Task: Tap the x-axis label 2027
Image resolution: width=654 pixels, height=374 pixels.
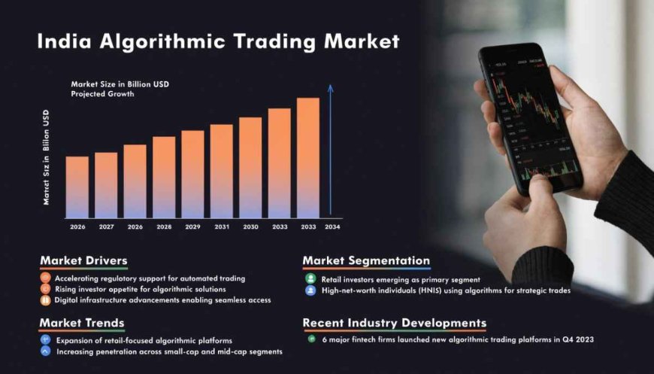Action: (x=106, y=227)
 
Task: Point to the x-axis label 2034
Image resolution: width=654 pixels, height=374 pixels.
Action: (x=332, y=227)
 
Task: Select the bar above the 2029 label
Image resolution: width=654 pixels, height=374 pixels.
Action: (x=192, y=174)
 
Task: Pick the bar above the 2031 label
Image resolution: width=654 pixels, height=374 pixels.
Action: (x=221, y=171)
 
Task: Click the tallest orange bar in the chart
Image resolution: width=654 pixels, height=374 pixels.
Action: (x=307, y=157)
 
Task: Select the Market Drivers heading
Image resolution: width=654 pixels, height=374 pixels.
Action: (x=83, y=260)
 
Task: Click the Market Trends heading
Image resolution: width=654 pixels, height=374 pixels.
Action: (x=82, y=323)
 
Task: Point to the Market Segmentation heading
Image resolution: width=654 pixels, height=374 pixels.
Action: (x=366, y=260)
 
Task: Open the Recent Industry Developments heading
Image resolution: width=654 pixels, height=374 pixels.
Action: (x=394, y=323)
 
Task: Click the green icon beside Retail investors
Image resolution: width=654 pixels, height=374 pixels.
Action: (x=310, y=278)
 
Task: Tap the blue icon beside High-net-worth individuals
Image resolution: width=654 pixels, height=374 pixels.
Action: (x=310, y=290)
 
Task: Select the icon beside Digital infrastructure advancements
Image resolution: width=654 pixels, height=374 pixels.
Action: (x=47, y=300)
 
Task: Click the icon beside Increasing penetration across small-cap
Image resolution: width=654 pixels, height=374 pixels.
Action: (x=47, y=351)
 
